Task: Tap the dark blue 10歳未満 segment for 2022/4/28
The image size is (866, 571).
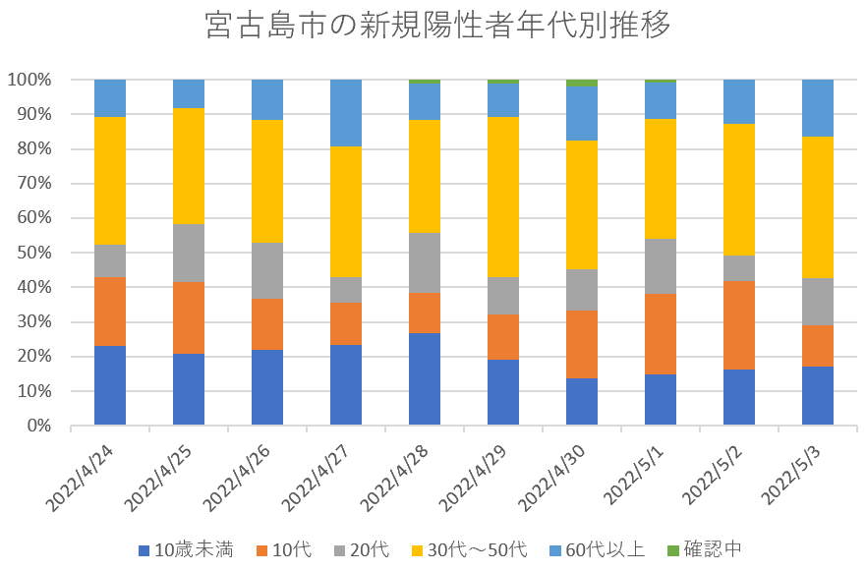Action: tap(425, 379)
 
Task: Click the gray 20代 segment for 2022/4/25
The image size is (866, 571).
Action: tap(189, 253)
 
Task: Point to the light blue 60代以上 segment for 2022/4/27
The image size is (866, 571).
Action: tap(346, 113)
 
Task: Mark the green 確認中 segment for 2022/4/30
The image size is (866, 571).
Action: tap(582, 83)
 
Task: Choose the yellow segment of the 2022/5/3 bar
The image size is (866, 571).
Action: tap(818, 207)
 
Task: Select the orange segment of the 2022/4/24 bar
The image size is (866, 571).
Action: tap(110, 312)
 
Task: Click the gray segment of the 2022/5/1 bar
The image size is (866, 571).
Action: tap(661, 266)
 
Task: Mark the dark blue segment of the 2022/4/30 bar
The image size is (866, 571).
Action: tap(582, 402)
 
